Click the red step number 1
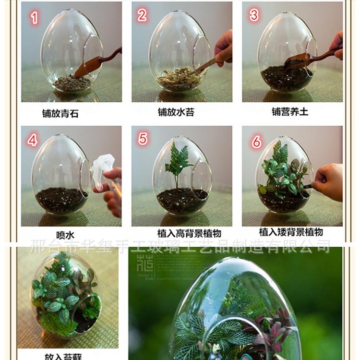coord(34,18)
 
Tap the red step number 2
coord(142,15)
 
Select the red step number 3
coord(254,15)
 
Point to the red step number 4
coord(33,140)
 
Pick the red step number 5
coord(143,139)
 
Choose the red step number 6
coord(256,142)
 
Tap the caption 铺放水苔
coord(176,112)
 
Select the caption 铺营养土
coord(290,111)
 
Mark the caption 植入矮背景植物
coord(291,232)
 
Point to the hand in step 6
coord(329,181)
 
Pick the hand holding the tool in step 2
coord(224,48)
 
